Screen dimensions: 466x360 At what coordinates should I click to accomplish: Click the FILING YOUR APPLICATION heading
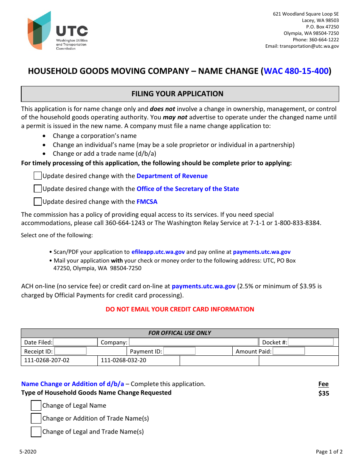click(177, 94)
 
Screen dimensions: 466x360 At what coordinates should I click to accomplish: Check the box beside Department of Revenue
click(38, 176)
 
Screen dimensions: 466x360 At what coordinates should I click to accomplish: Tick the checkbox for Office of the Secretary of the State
click(38, 189)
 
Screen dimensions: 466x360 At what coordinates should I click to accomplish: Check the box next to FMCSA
click(38, 202)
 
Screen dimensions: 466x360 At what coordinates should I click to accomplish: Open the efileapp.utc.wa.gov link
click(158, 252)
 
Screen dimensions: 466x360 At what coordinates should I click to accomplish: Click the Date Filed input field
click(75, 342)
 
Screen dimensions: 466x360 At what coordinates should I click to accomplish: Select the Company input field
click(193, 342)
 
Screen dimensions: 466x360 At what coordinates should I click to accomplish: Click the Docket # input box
click(311, 342)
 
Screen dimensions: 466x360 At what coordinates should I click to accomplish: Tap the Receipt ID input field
click(70, 351)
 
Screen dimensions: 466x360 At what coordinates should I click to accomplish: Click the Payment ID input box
click(179, 351)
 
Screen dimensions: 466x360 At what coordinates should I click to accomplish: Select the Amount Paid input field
click(289, 351)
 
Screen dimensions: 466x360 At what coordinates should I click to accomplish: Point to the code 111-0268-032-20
click(124, 360)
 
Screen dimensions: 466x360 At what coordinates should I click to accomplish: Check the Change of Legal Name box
click(36, 405)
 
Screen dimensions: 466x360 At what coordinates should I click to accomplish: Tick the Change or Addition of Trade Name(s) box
click(36, 418)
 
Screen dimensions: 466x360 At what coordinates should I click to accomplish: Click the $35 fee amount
click(324, 393)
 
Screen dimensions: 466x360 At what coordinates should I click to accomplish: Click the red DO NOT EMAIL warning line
click(180, 309)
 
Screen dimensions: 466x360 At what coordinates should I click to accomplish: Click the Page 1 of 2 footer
click(329, 452)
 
